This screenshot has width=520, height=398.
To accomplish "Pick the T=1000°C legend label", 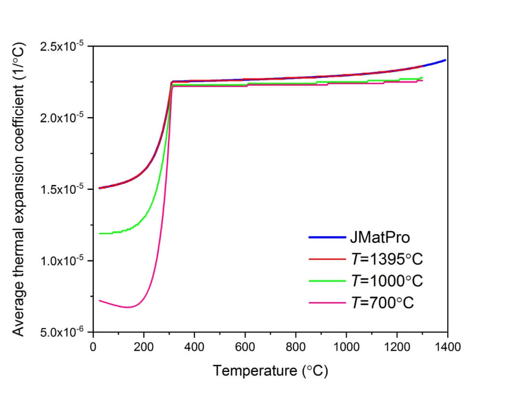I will click(x=386, y=281).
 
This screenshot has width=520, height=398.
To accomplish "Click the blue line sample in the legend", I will click(x=327, y=238).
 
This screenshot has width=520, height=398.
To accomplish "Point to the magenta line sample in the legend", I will click(x=327, y=303).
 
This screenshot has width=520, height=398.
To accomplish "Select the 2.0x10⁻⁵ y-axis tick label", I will click(x=63, y=118).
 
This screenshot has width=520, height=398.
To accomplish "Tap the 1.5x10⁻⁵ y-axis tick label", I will click(x=63, y=189).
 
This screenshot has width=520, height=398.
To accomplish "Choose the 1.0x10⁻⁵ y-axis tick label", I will click(x=63, y=261).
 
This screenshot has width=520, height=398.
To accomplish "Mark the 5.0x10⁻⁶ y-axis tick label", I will click(x=63, y=332).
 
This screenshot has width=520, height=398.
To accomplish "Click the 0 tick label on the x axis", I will click(x=92, y=346).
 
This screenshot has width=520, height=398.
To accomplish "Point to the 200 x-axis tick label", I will click(x=143, y=346).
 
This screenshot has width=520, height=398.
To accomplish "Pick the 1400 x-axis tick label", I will click(x=447, y=346).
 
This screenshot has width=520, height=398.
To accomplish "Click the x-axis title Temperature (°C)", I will click(x=270, y=371).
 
